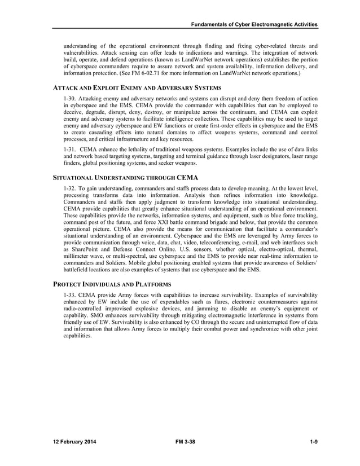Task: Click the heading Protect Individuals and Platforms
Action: (x=112, y=283)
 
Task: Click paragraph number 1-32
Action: (x=70, y=189)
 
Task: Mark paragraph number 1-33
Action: (x=70, y=295)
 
